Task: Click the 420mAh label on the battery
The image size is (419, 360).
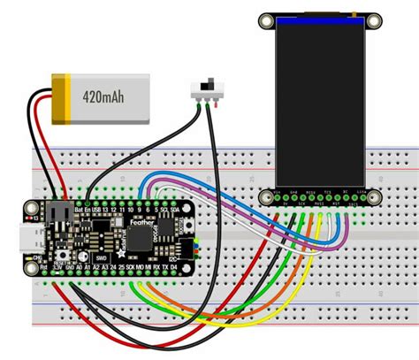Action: coord(104,95)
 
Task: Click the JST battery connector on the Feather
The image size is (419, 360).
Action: coord(59,213)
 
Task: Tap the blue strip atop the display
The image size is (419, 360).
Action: coord(319,19)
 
